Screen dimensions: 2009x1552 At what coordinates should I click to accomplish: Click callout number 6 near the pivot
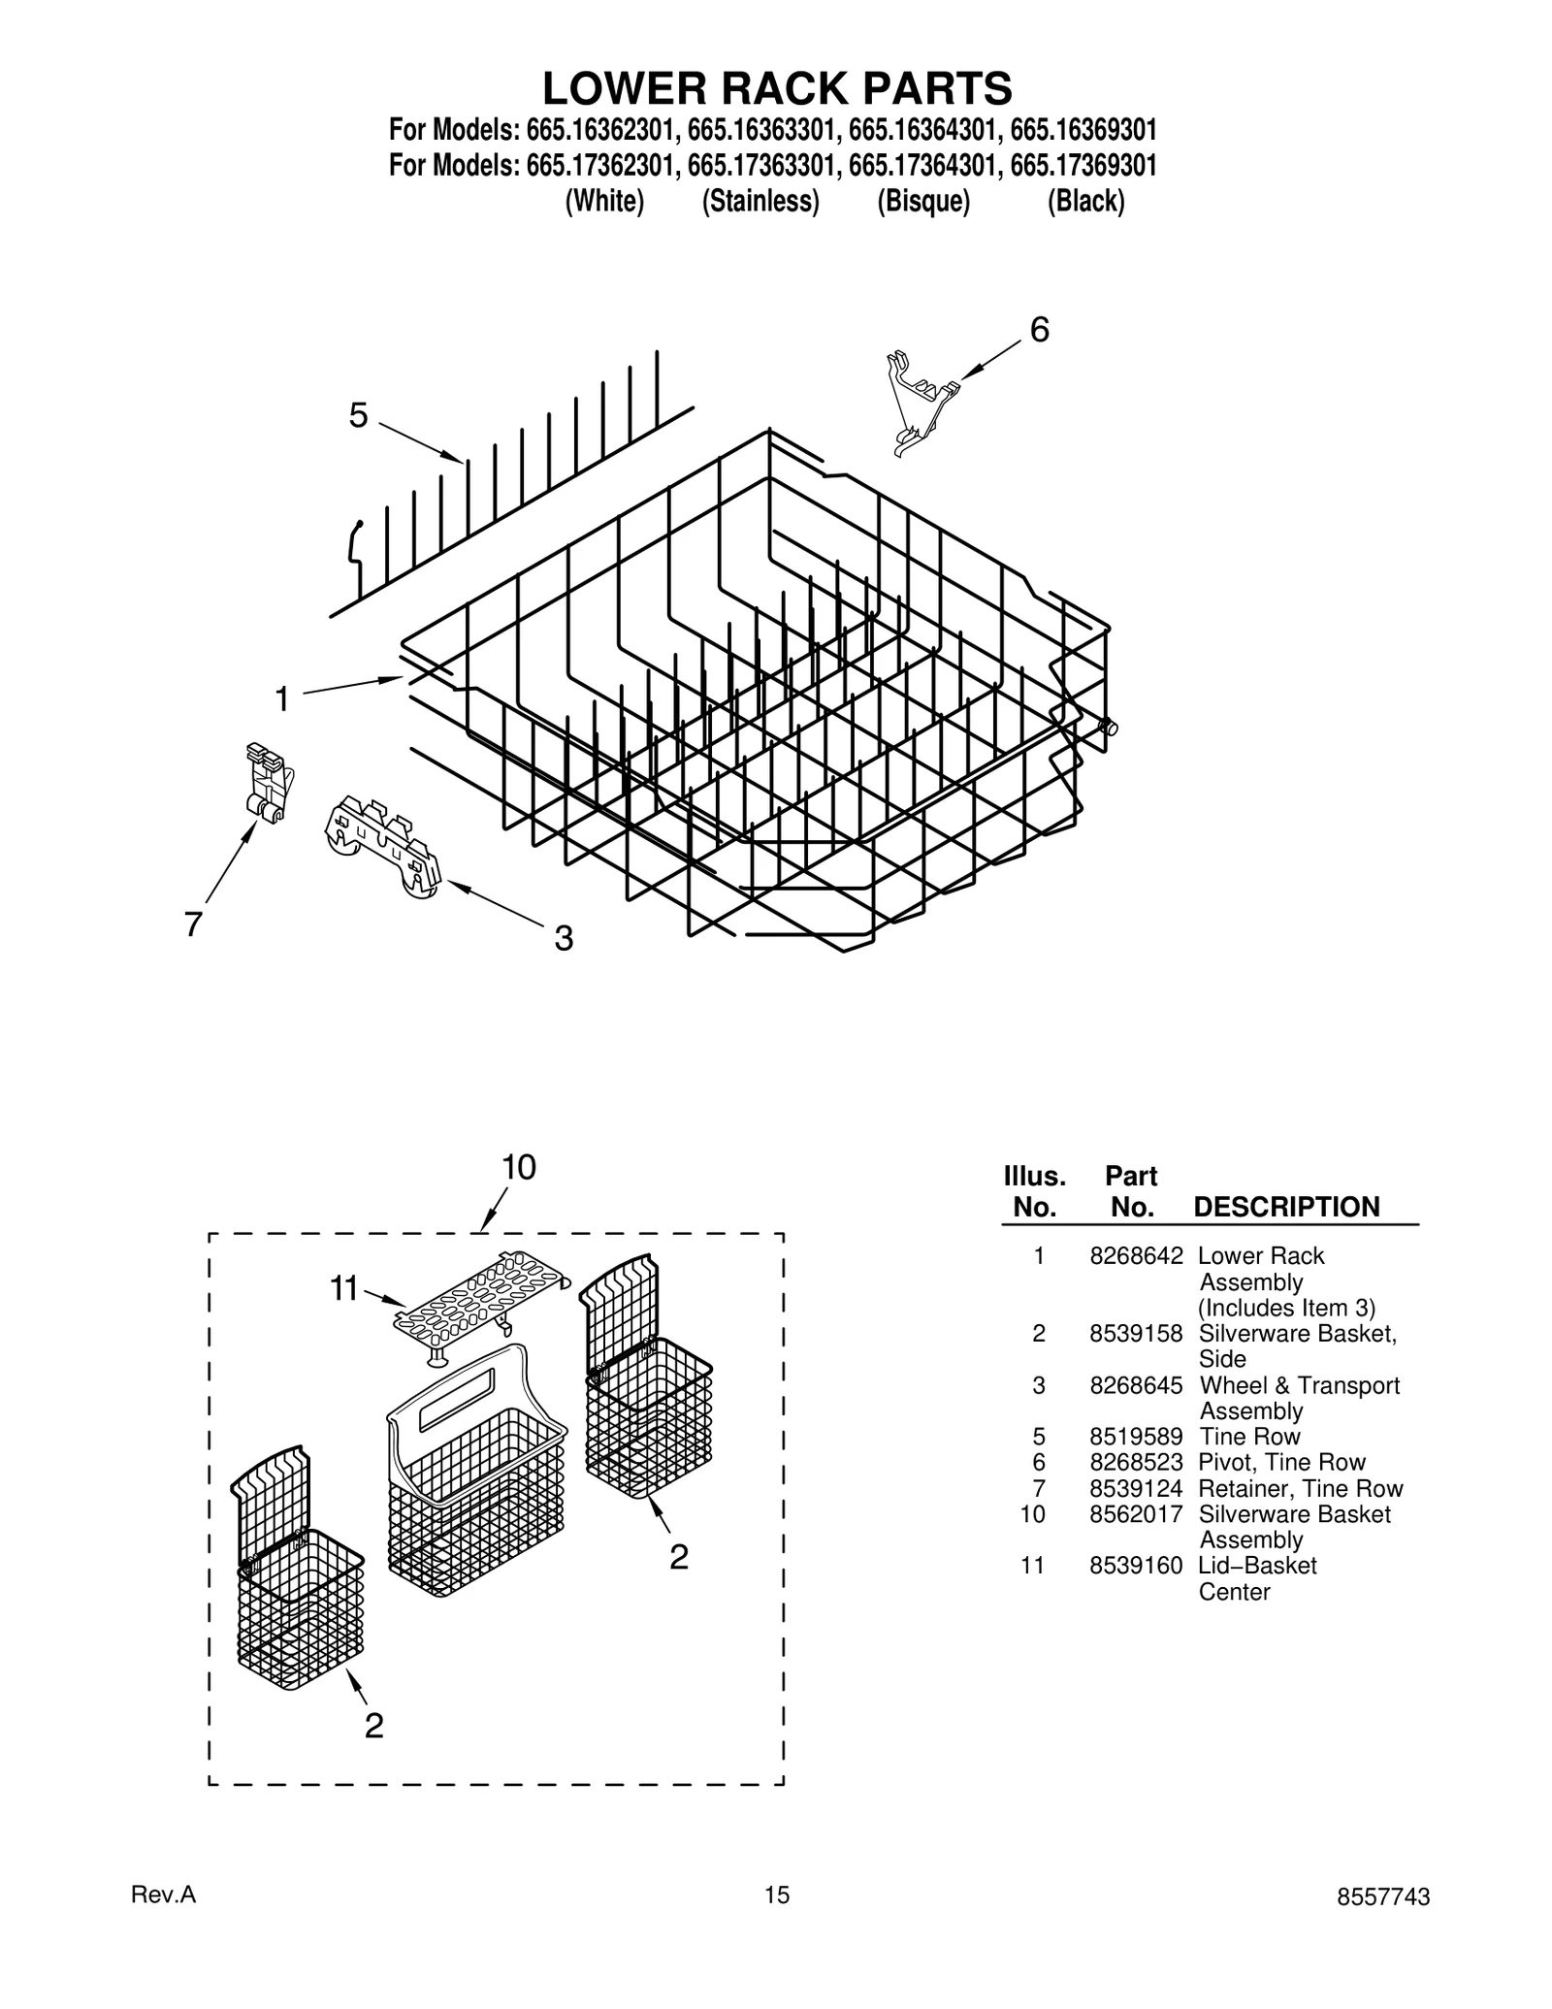(x=1039, y=331)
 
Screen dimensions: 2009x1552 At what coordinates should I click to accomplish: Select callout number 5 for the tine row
(x=359, y=416)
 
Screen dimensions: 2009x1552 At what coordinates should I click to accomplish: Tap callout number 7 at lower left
(x=193, y=924)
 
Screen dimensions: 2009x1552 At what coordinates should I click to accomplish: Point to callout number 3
(x=564, y=938)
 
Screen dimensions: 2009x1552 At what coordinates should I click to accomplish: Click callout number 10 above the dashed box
(x=519, y=1167)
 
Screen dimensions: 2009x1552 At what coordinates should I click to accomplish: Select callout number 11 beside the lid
(x=344, y=1289)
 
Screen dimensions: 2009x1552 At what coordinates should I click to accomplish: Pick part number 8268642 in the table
(x=1136, y=1256)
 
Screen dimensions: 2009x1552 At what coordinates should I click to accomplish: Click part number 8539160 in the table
(x=1136, y=1566)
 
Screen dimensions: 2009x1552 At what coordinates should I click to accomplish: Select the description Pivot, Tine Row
(x=1281, y=1462)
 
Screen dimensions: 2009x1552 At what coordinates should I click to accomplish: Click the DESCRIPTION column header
(x=1286, y=1207)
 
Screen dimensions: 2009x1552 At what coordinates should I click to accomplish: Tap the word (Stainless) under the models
(x=760, y=202)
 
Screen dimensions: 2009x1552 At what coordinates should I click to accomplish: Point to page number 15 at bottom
(x=776, y=1922)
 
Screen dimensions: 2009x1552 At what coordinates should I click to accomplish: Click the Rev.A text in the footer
(x=163, y=1922)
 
